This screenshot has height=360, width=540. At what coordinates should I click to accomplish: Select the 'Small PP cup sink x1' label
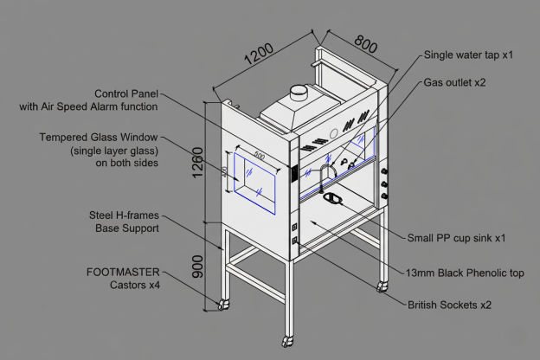pyautogui.click(x=456, y=237)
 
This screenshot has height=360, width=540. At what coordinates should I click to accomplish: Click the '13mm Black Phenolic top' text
pyautogui.click(x=465, y=273)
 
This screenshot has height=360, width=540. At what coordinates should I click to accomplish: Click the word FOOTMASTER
pyautogui.click(x=122, y=271)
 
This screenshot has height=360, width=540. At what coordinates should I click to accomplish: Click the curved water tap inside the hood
pyautogui.click(x=325, y=176)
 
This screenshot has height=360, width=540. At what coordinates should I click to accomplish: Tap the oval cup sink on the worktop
pyautogui.click(x=333, y=199)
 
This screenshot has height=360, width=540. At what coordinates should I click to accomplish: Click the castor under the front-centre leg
pyautogui.click(x=288, y=340)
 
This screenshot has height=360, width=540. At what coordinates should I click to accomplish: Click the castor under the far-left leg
pyautogui.click(x=223, y=303)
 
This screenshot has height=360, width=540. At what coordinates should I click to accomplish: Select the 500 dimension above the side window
pyautogui.click(x=259, y=155)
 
